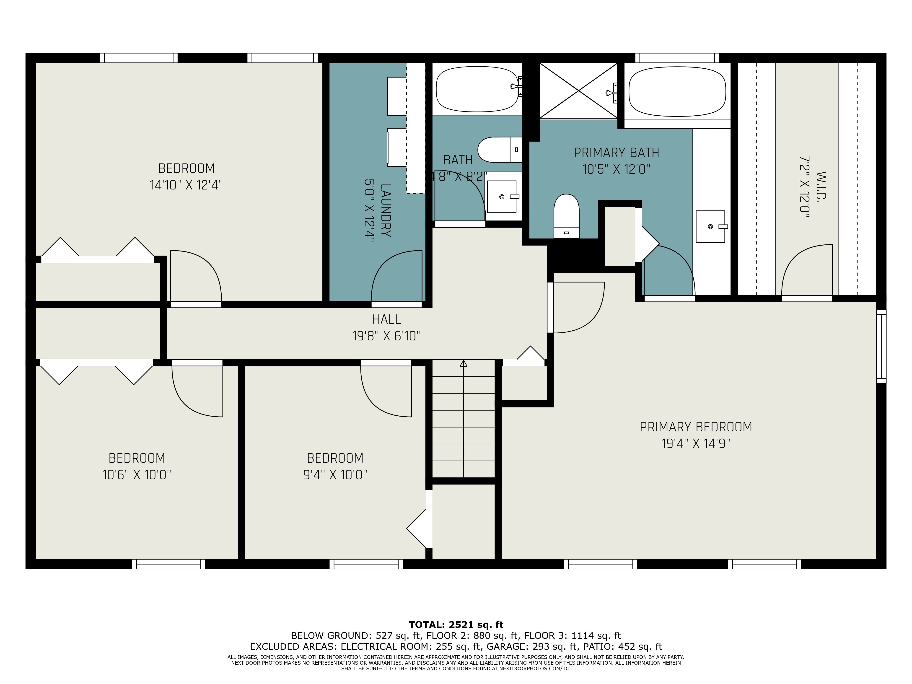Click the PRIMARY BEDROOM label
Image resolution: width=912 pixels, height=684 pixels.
(x=696, y=427)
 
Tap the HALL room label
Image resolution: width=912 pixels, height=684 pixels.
(x=386, y=319)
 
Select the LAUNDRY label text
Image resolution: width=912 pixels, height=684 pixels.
(x=386, y=210)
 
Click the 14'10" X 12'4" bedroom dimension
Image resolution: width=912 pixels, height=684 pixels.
(x=186, y=185)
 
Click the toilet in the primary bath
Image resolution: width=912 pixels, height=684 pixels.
(x=567, y=216)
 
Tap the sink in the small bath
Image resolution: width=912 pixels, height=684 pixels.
(x=503, y=197)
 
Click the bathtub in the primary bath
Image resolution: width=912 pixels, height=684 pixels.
(x=677, y=91)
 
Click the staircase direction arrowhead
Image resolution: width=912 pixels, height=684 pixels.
(x=464, y=363)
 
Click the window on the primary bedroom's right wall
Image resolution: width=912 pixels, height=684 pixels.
(x=881, y=346)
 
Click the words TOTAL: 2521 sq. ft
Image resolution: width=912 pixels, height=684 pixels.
(x=456, y=625)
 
